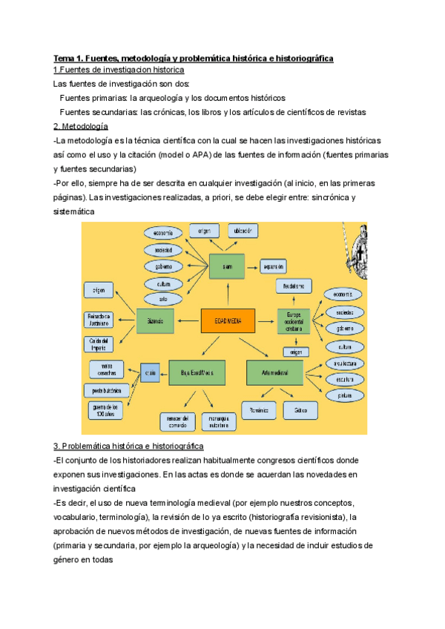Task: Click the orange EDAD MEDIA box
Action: [x=228, y=320]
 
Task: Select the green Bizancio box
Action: [x=155, y=320]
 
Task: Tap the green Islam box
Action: [x=226, y=266]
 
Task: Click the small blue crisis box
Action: [x=151, y=370]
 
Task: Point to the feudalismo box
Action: [x=294, y=286]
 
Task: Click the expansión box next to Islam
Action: [x=271, y=266]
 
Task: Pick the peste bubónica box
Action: [x=107, y=389]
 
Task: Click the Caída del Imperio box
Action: [x=99, y=343]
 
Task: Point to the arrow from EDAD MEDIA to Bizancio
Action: [x=188, y=320]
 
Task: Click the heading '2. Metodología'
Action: [x=81, y=126]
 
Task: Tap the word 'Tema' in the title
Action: [x=65, y=58]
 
